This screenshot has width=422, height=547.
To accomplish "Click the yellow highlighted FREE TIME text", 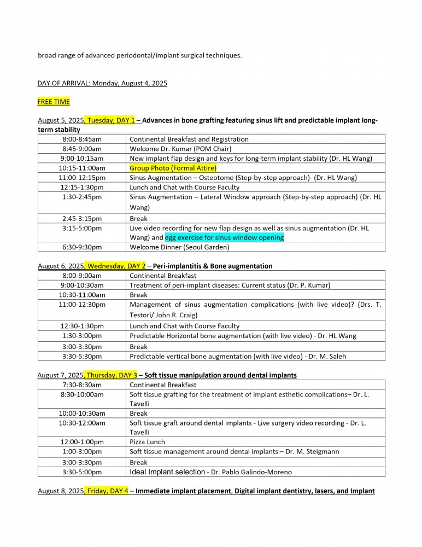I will point(54,102).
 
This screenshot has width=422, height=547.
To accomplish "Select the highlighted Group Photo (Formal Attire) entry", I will point(173,168).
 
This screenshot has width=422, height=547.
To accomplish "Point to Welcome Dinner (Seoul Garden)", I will point(173,247).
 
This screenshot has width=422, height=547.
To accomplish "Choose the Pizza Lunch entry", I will point(147,441).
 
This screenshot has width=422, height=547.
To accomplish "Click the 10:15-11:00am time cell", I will point(82,168).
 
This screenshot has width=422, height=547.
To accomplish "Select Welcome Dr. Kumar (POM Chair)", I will point(181,149).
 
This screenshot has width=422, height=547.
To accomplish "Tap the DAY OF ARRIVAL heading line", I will point(102,83).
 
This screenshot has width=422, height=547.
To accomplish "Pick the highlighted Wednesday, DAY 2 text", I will point(115,266).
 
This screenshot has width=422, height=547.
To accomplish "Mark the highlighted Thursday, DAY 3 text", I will point(110,375).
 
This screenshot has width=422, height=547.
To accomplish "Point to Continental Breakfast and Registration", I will point(189,139).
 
